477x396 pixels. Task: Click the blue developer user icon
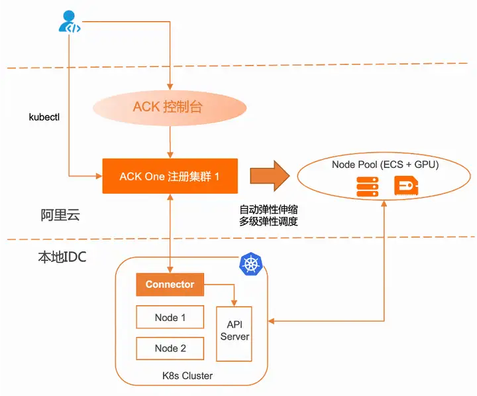pos(70,21)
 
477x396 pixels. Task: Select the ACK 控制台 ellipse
pos(170,107)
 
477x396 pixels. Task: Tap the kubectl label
pos(44,117)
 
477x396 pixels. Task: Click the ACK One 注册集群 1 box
pos(170,176)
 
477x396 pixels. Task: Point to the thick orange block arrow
pos(270,176)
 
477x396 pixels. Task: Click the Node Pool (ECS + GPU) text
pos(385,165)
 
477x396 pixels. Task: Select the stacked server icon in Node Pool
pos(368,186)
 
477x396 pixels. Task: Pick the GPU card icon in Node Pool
pos(406,185)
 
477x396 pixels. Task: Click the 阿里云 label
pos(60,215)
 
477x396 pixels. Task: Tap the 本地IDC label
pos(62,257)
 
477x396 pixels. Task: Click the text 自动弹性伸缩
pos(268,210)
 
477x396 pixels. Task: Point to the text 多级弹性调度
pos(268,222)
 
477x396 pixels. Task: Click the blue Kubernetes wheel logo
pos(251,264)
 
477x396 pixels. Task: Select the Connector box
pos(170,285)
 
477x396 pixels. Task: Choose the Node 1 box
pos(170,317)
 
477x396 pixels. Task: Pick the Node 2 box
pos(170,348)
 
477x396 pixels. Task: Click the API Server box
pos(234,334)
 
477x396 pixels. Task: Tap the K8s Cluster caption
pos(187,375)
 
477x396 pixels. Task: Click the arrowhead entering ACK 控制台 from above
pos(170,87)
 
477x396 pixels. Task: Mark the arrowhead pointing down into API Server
pos(234,303)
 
